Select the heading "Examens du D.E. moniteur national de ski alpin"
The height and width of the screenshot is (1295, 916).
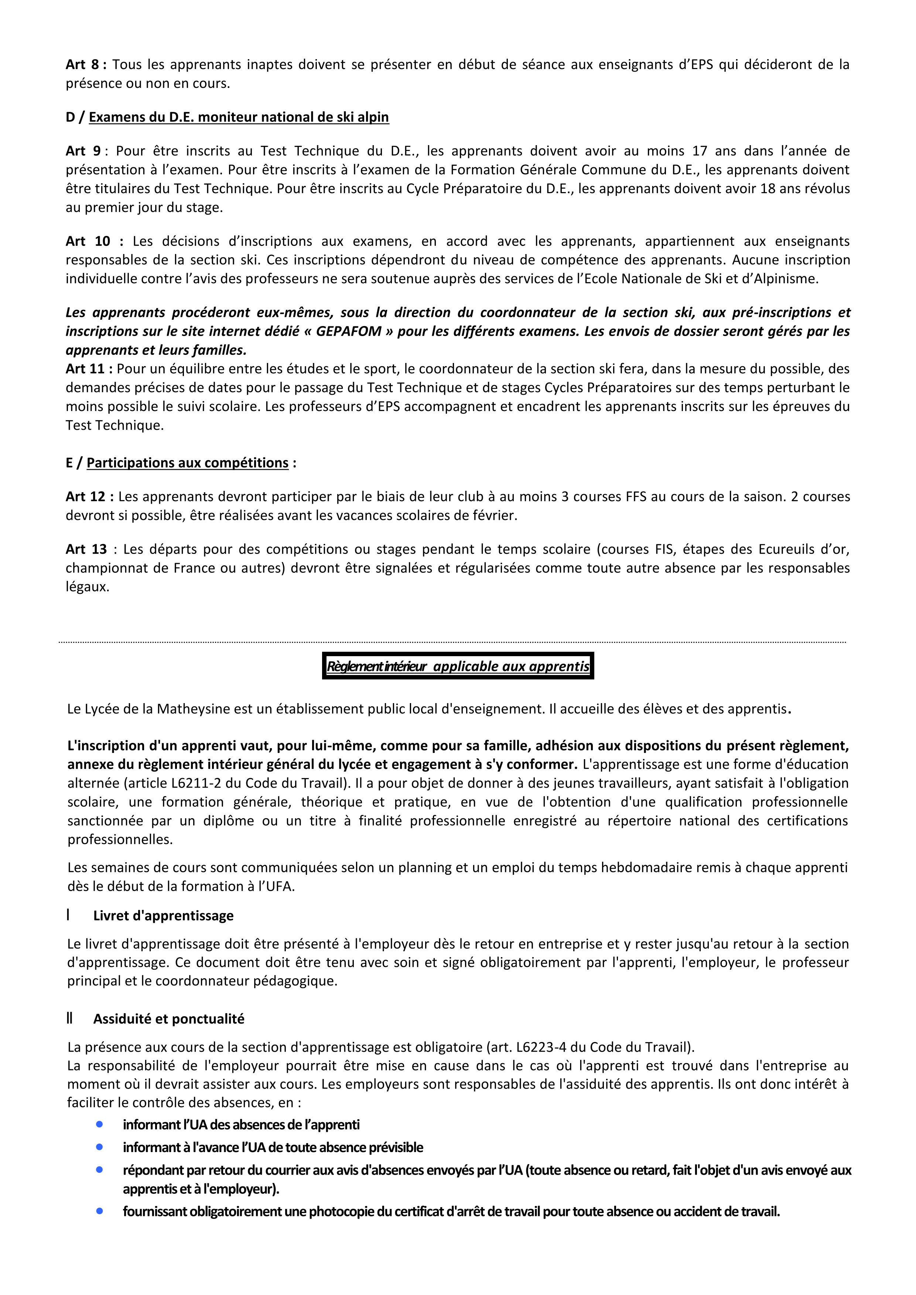click(239, 117)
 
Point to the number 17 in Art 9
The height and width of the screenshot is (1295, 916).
click(700, 151)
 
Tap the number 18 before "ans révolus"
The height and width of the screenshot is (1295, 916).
click(768, 189)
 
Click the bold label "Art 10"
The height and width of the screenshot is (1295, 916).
click(88, 241)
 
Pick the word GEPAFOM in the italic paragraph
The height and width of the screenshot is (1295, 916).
click(349, 332)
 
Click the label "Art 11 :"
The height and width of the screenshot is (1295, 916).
click(89, 369)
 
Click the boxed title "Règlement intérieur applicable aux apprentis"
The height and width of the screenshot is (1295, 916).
click(458, 666)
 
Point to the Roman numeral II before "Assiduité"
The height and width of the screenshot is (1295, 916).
click(69, 1019)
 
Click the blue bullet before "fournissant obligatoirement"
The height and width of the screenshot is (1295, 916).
click(99, 1211)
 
